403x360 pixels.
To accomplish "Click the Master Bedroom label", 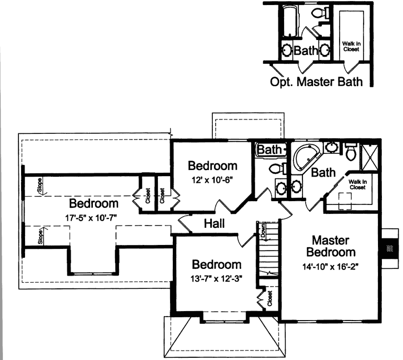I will click(x=330, y=246).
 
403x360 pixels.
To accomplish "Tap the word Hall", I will click(x=214, y=224).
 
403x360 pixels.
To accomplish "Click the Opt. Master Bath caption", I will click(x=316, y=82).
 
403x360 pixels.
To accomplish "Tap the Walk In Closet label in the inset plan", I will click(x=351, y=46).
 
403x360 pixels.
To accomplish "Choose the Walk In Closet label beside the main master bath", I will click(x=356, y=184).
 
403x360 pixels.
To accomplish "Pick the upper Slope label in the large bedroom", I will click(x=39, y=185).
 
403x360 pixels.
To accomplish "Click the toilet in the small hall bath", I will click(x=276, y=168).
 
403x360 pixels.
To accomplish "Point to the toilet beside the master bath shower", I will click(x=350, y=151).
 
